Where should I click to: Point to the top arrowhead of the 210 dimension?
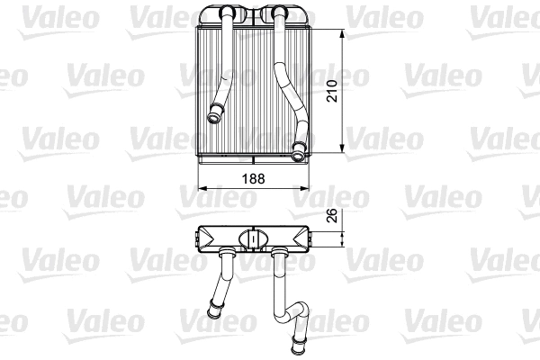click(x=343, y=32)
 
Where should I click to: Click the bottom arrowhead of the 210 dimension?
click(x=343, y=150)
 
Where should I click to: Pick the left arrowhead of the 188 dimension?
click(x=200, y=189)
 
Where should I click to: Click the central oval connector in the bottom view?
click(x=254, y=238)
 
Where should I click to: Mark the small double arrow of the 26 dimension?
click(x=343, y=238)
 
